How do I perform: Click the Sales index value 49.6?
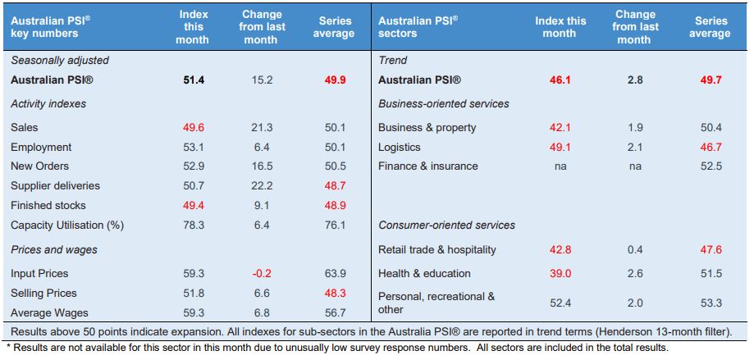point(193,127)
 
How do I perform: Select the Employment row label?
point(41,147)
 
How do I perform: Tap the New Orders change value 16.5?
point(261,166)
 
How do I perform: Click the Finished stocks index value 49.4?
point(193,205)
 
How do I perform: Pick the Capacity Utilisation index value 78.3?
point(193,225)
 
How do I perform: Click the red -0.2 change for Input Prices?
point(261,273)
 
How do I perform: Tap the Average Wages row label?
point(49,313)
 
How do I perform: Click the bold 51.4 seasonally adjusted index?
point(193,80)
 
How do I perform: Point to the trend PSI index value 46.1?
point(560,80)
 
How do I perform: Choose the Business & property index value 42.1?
point(560,127)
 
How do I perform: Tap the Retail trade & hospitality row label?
point(437,250)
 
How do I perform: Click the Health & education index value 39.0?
point(560,273)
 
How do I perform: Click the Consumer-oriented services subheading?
point(446,225)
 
